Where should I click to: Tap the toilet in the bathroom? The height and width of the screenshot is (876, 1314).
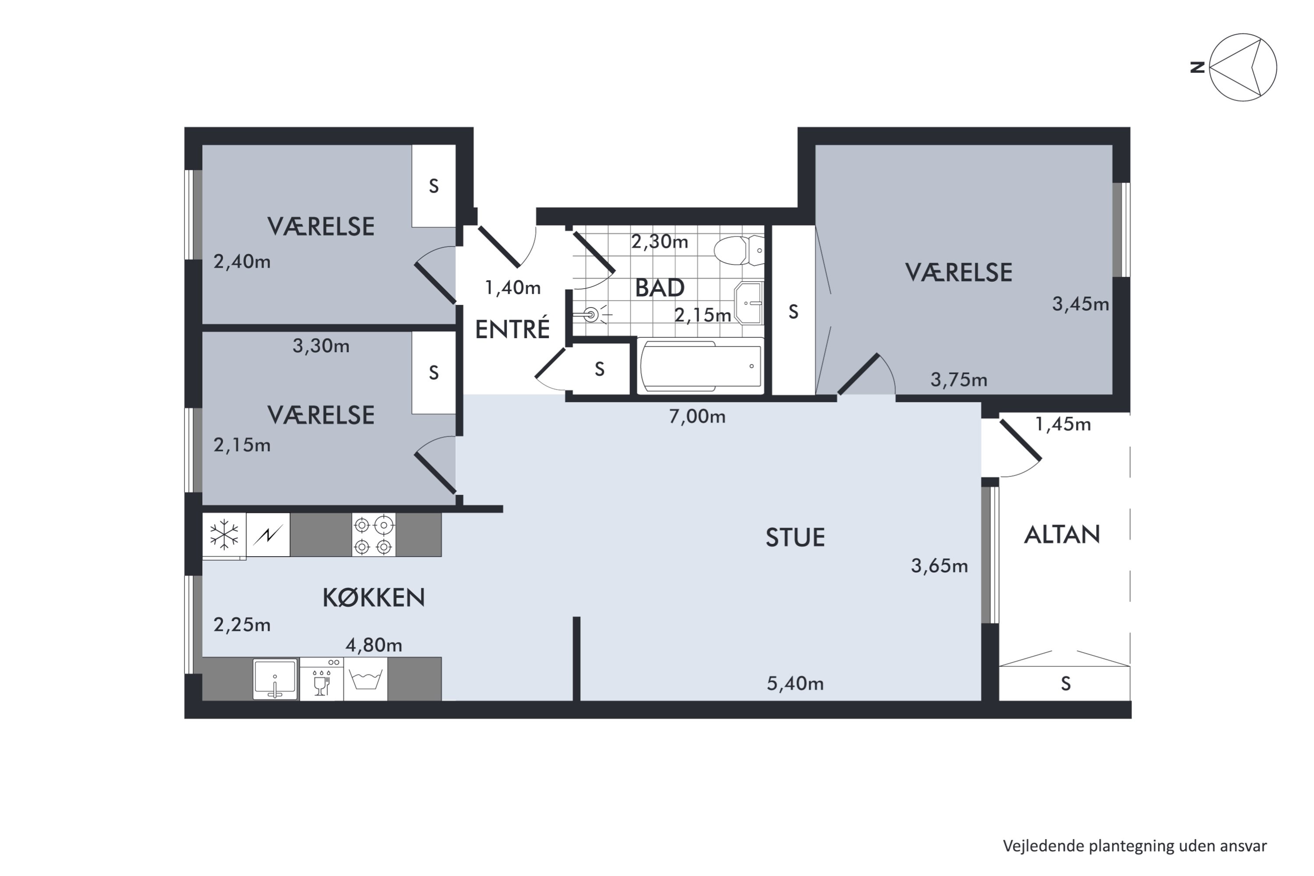(738, 250)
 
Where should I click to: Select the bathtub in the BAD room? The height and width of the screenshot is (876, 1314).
(700, 366)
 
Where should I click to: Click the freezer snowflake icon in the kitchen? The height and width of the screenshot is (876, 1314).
(224, 535)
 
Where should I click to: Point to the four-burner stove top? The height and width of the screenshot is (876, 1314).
(373, 535)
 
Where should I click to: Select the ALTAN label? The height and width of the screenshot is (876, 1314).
(1062, 535)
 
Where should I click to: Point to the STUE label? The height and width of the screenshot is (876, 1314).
(795, 537)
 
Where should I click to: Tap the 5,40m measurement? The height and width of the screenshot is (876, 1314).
(795, 683)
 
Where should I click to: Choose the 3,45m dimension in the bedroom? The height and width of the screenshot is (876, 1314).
(1081, 304)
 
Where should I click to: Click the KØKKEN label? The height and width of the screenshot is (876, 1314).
(374, 598)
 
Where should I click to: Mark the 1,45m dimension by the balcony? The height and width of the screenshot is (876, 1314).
(1063, 424)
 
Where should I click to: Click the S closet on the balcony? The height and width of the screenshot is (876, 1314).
(1065, 683)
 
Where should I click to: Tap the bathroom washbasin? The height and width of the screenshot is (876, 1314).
(749, 304)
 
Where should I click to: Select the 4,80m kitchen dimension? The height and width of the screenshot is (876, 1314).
(374, 645)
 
